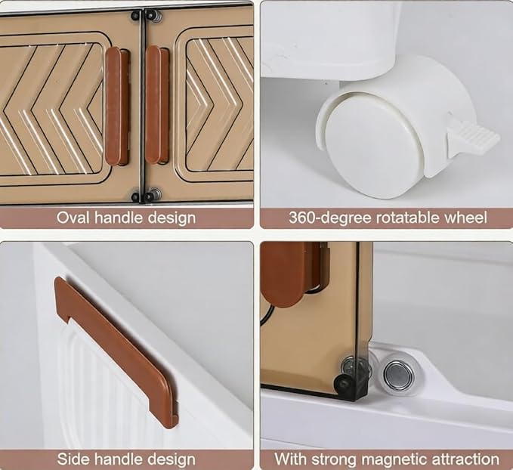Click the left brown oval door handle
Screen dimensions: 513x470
point(113,106)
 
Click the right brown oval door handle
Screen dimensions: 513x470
point(153,105)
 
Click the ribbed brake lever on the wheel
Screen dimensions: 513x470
point(473,139)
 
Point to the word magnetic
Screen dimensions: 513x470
point(397,459)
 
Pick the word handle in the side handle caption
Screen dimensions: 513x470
point(117,459)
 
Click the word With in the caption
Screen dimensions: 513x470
point(291,459)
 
